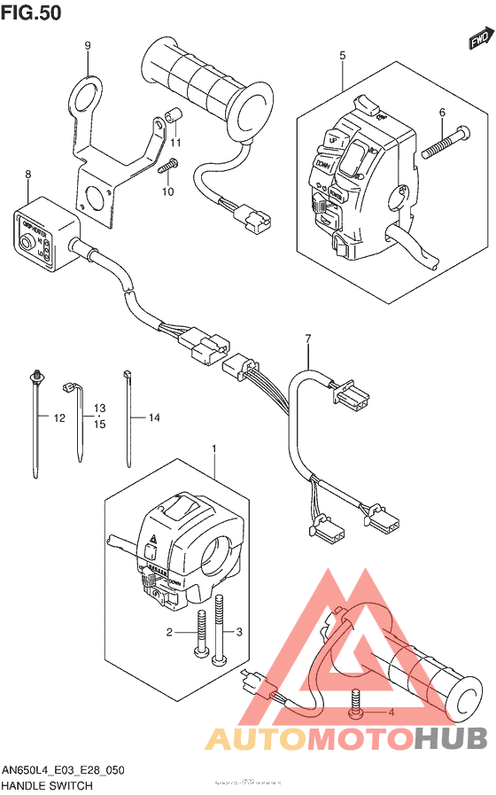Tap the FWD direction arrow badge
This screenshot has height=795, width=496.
click(x=479, y=39)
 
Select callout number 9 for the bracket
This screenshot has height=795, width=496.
click(x=88, y=46)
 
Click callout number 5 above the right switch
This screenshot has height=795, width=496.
click(x=342, y=56)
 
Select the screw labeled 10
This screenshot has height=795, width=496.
click(x=167, y=164)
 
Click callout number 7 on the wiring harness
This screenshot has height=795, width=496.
click(x=308, y=339)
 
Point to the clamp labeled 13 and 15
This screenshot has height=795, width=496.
click(x=74, y=417)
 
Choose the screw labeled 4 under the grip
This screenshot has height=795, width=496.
click(x=356, y=702)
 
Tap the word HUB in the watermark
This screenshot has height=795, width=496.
click(x=451, y=737)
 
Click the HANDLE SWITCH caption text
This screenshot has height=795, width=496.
click(x=47, y=785)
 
